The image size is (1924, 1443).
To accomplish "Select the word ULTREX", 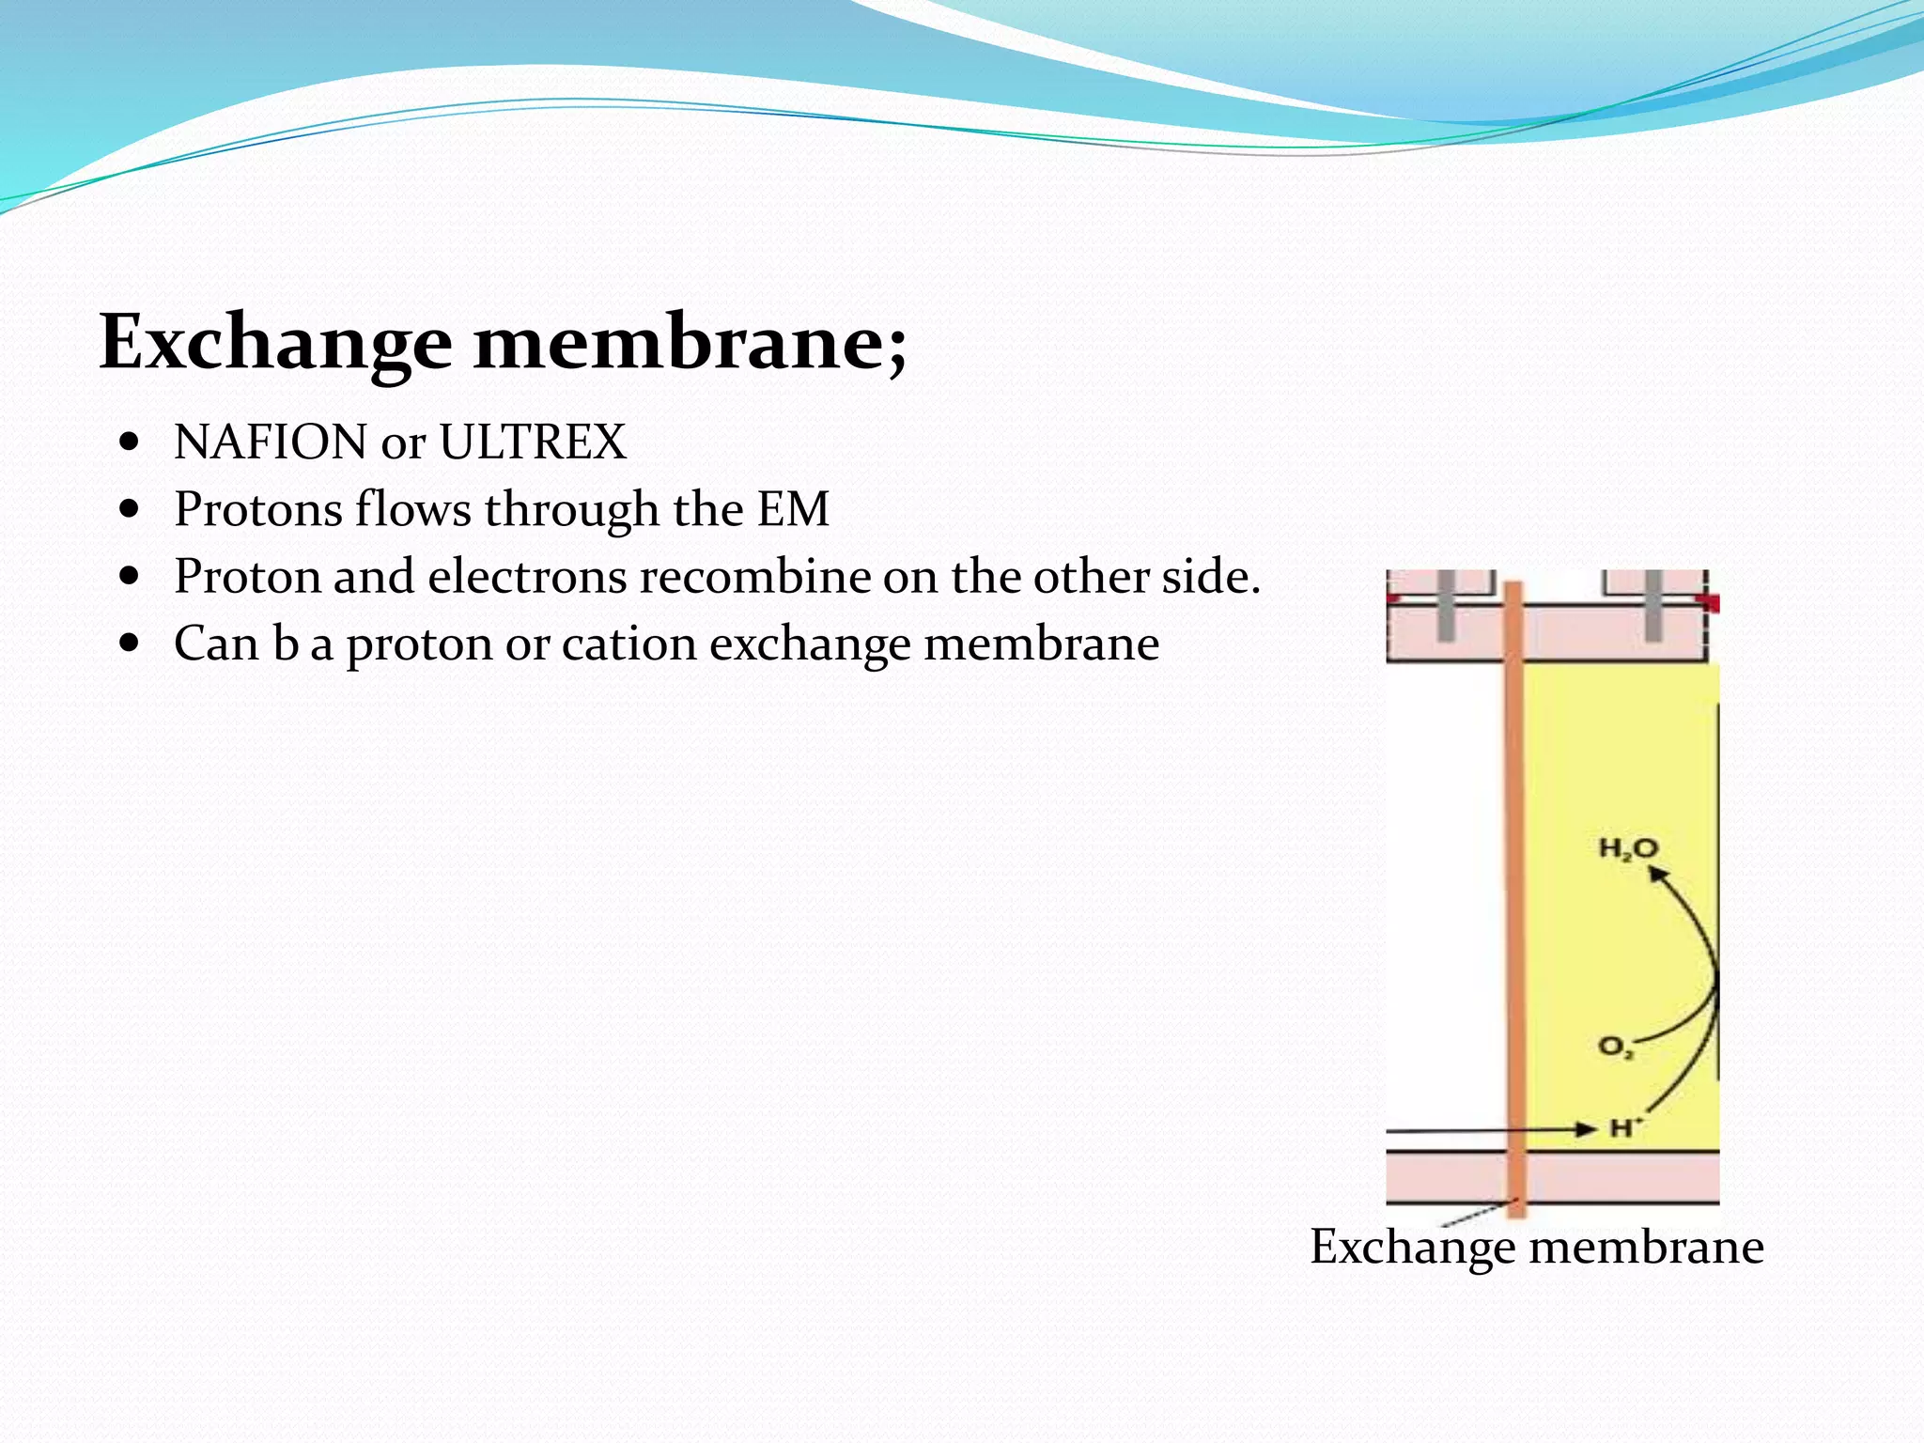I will [x=532, y=442].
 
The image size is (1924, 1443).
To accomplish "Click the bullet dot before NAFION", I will [x=131, y=442].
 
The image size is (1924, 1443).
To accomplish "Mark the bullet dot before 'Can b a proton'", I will [x=131, y=644].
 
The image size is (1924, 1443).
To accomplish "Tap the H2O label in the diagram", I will [x=1628, y=849].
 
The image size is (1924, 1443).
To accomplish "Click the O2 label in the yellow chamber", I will [x=1616, y=1047].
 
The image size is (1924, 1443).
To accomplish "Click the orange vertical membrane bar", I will [x=1514, y=892].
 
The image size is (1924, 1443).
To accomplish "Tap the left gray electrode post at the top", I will [x=1446, y=606].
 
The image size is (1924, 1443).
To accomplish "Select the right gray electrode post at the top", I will [x=1653, y=606].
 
